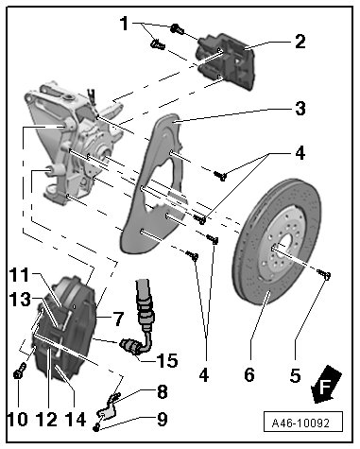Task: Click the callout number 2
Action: click(300, 42)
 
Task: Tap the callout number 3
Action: click(300, 109)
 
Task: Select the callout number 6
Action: click(249, 375)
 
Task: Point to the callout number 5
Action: click(295, 375)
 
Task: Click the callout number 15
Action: click(168, 360)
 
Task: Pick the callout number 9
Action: click(162, 420)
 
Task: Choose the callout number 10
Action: click(18, 420)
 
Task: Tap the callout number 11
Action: click(19, 275)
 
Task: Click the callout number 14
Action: click(76, 420)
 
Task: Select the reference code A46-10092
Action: click(302, 423)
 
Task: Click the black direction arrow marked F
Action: click(325, 385)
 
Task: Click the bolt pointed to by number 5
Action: click(323, 274)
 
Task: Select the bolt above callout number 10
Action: click(20, 370)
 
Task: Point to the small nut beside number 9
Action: click(96, 427)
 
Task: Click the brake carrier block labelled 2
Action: click(226, 61)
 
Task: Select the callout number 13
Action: click(20, 300)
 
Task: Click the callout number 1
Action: click(125, 24)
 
